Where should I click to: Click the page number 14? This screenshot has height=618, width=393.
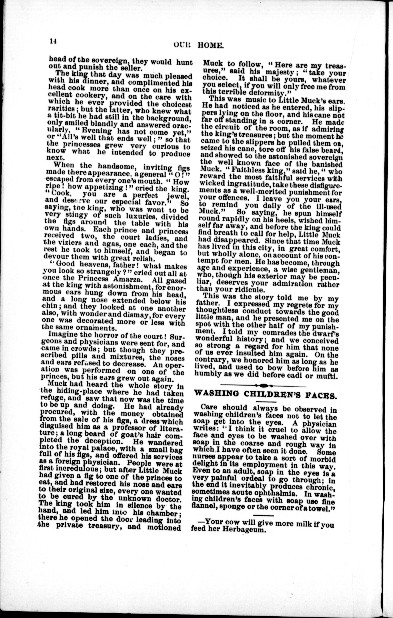(x=53, y=42)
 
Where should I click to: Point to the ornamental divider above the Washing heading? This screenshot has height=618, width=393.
(x=263, y=385)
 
